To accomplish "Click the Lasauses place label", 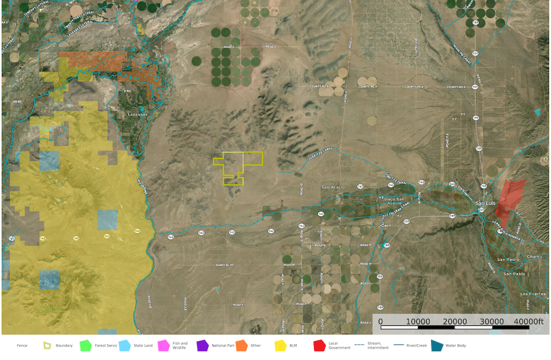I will coord(138,114).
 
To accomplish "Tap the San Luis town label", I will coord(485,203).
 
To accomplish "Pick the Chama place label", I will coord(534,256).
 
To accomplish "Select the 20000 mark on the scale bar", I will coord(455,322).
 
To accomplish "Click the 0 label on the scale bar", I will coord(381,322).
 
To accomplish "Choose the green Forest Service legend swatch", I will coord(85,346).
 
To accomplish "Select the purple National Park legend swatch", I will coord(202,346).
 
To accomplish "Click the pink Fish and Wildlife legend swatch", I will coord(163,346).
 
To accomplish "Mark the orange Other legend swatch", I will coord(241,346).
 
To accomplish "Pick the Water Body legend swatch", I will coord(437,346).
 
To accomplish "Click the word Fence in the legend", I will coord(22,346).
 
